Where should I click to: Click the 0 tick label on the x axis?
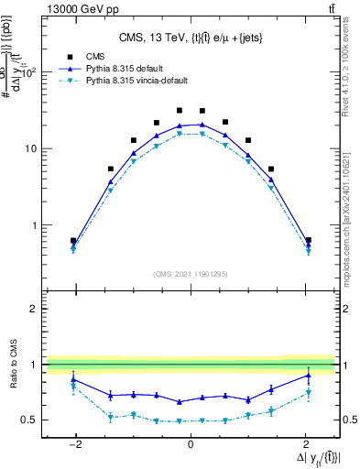tap(190, 444)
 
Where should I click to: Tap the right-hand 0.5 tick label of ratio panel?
tap(348, 420)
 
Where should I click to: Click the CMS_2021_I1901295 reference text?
tap(190, 274)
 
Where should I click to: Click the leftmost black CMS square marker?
tap(73, 241)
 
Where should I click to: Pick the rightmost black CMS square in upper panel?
tap(308, 240)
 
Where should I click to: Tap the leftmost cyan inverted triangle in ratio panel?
tap(73, 387)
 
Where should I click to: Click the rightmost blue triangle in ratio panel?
tap(308, 375)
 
